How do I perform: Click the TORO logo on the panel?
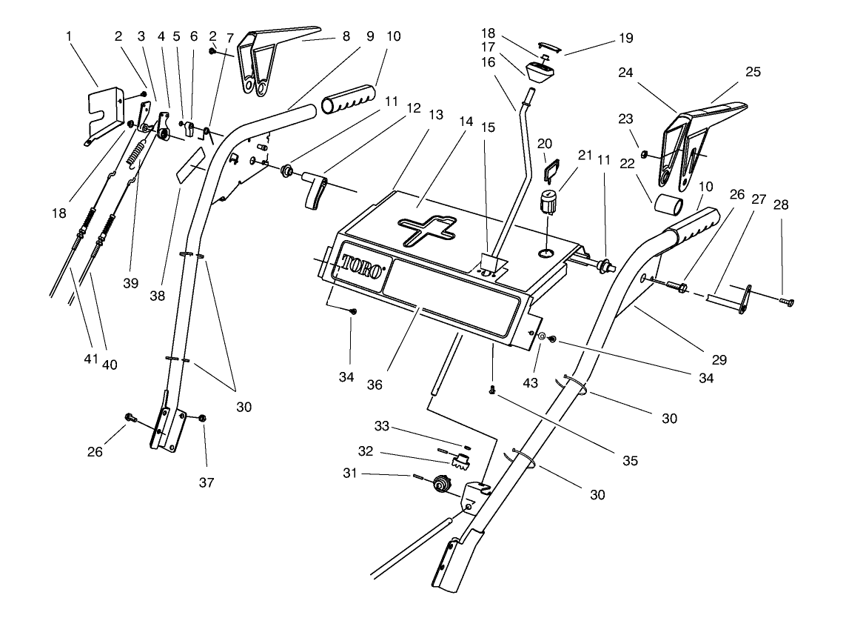362,266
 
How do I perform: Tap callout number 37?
206,482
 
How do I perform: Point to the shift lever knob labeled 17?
544,73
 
